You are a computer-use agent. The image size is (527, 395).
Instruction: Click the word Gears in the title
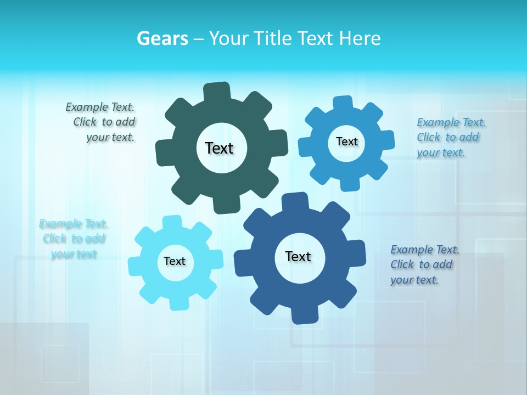point(162,39)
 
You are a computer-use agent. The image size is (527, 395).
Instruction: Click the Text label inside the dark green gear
point(219,148)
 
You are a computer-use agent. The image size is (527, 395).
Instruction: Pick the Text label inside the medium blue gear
point(346,142)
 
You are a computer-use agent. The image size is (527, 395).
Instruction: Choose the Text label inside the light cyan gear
point(175,261)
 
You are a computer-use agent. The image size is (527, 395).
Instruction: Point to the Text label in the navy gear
point(298,256)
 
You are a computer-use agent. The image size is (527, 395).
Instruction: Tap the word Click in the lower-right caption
point(402,264)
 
